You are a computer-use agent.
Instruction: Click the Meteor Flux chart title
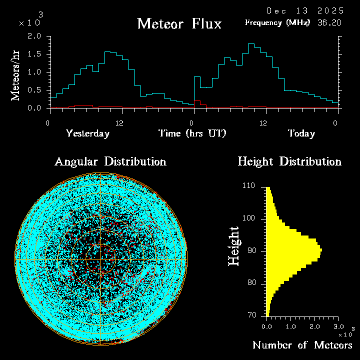179,23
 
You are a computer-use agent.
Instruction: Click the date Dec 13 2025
305,10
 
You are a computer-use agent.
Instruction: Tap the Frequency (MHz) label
277,22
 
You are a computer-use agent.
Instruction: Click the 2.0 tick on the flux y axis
34,36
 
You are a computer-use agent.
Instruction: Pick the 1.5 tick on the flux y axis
34,54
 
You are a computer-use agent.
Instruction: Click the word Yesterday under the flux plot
87,133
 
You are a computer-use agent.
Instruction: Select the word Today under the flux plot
301,133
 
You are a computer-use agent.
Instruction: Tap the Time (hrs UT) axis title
192,133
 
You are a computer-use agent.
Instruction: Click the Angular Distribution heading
110,161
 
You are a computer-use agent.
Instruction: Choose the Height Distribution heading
289,161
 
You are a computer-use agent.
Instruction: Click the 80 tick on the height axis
251,283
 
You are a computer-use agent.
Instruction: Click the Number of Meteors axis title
302,345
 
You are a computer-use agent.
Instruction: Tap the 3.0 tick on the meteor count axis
338,326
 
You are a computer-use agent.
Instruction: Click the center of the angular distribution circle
100,259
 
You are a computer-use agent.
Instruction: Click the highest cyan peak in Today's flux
251,44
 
